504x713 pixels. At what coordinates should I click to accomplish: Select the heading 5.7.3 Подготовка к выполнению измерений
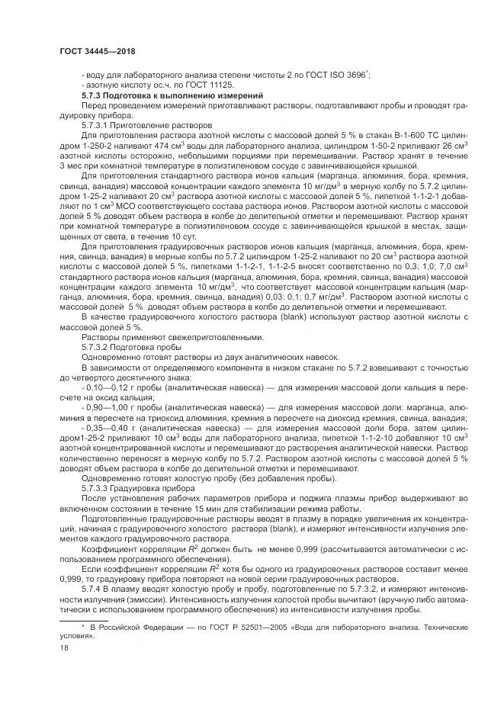(172, 97)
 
